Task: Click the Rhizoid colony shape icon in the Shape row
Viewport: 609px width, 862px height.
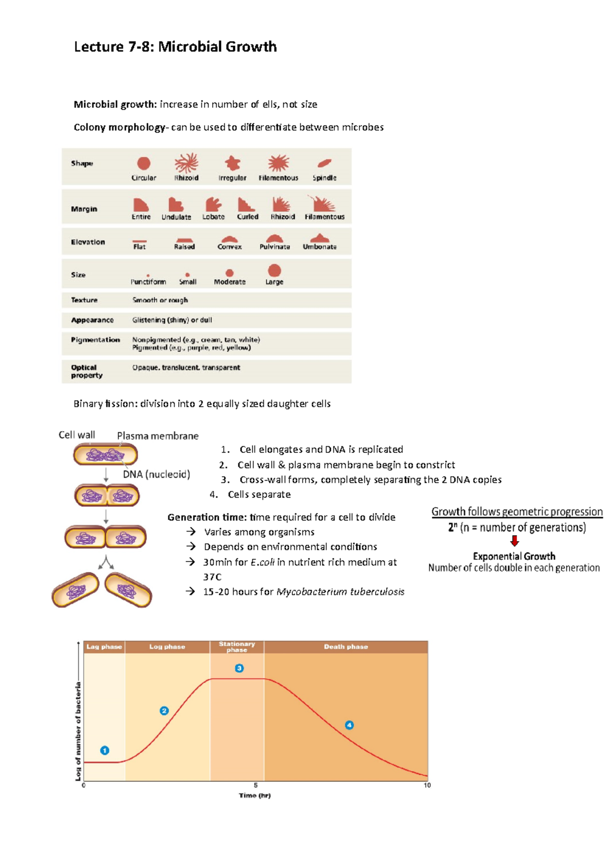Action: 186,163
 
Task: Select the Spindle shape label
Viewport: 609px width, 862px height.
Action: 324,178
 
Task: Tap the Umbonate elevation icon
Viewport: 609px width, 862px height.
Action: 320,238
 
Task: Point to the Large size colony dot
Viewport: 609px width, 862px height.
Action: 275,271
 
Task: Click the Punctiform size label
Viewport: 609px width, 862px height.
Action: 148,282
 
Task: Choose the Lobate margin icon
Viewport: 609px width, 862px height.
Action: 213,205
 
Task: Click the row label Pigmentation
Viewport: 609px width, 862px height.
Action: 95,340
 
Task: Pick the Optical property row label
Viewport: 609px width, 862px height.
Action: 87,371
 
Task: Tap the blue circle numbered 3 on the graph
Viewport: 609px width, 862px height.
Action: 239,668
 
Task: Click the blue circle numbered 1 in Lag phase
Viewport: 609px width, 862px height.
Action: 105,750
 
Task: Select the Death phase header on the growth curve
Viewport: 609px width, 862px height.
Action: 346,647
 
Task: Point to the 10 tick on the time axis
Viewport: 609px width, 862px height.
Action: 427,785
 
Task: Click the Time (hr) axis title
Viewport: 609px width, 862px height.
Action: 255,795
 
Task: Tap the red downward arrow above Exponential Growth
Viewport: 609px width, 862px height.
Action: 515,541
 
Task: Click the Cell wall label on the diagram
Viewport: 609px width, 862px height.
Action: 77,435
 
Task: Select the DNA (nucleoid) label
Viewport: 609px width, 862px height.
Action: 156,474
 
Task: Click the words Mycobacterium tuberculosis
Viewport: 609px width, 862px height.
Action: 340,592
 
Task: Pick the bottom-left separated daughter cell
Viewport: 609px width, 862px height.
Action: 76,590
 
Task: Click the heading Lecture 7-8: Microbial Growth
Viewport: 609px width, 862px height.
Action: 175,47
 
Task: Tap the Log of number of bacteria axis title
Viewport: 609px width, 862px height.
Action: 78,731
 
